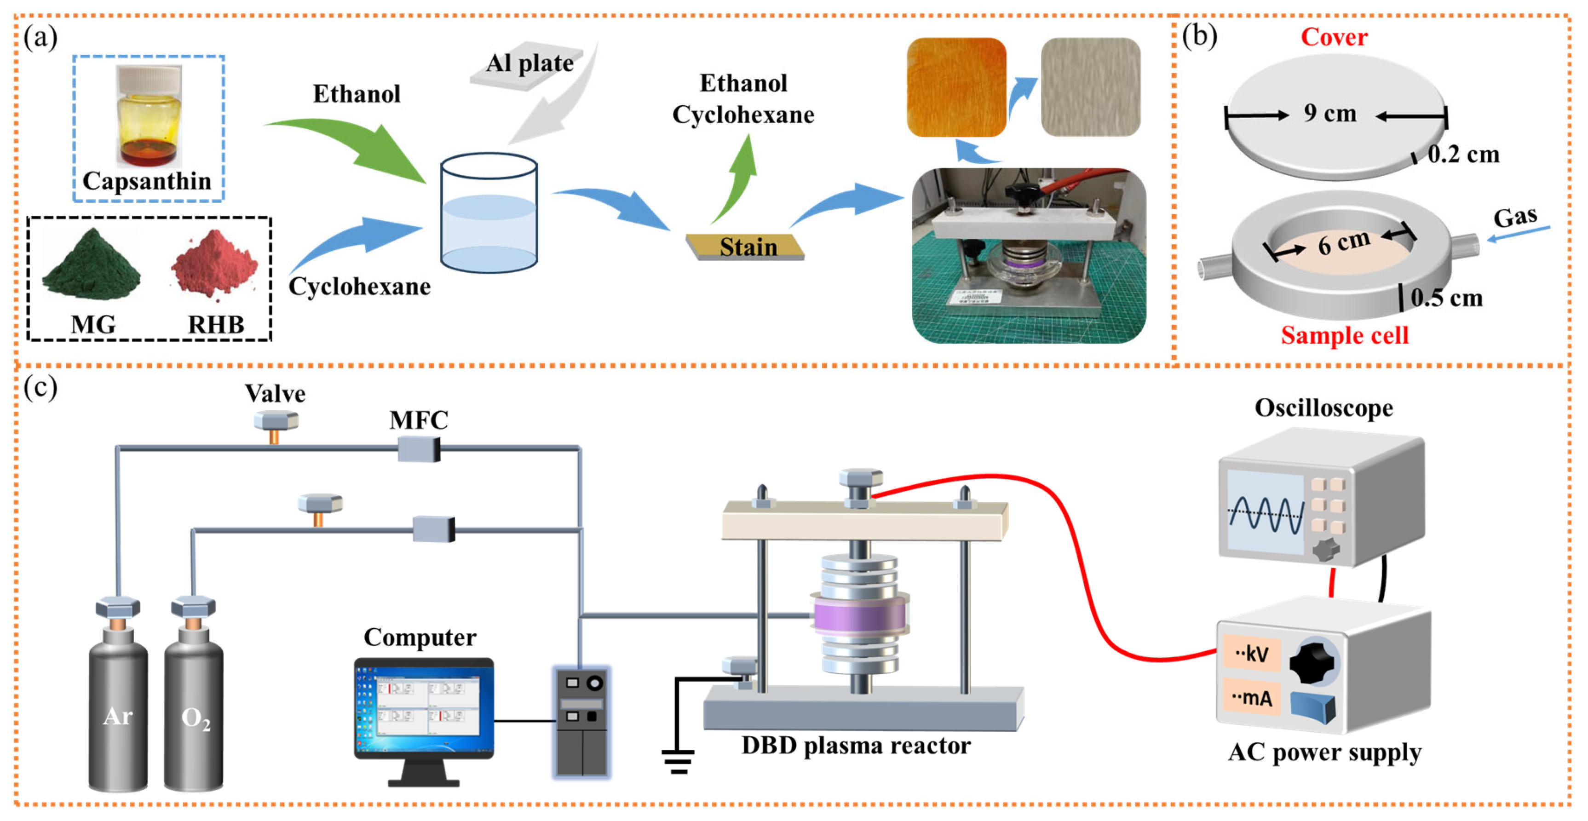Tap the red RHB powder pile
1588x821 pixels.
[x=214, y=262]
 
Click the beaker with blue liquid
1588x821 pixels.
[x=489, y=212]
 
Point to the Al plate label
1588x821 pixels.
[x=529, y=63]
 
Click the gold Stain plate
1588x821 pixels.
[x=745, y=247]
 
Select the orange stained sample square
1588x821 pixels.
[x=956, y=87]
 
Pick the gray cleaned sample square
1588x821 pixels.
[x=1090, y=87]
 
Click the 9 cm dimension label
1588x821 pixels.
[x=1330, y=114]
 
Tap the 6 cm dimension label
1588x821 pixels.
[x=1343, y=242]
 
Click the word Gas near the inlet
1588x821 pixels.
[x=1515, y=217]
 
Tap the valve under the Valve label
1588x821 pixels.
[x=276, y=425]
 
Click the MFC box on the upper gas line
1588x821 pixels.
[x=419, y=449]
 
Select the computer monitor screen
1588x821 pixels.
[x=424, y=706]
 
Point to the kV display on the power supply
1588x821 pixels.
[x=1251, y=653]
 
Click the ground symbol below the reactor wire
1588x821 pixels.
[x=678, y=762]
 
